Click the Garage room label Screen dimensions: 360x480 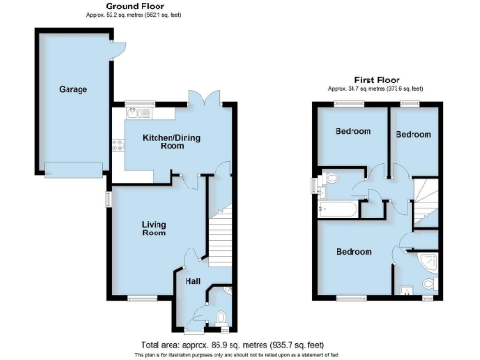pyautogui.click(x=73, y=90)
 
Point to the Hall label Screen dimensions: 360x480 pyautogui.click(x=192, y=280)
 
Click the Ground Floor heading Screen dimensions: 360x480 pyautogui.click(x=129, y=7)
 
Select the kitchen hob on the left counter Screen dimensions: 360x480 pyautogui.click(x=117, y=145)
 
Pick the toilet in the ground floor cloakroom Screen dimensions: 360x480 pyautogui.click(x=219, y=316)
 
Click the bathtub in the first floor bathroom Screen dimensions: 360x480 pyautogui.click(x=338, y=207)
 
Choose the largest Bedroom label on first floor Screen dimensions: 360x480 pyautogui.click(x=353, y=252)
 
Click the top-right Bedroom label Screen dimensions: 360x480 pyautogui.click(x=412, y=135)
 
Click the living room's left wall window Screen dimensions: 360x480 pyautogui.click(x=108, y=200)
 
